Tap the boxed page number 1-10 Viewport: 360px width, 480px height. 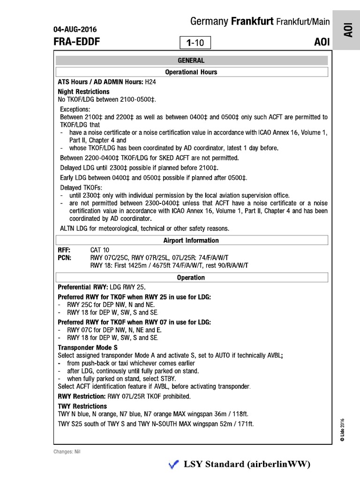click(195, 43)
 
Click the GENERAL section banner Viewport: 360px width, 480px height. click(191, 60)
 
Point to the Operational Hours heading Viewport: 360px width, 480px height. click(191, 72)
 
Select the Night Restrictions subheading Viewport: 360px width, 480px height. click(83, 91)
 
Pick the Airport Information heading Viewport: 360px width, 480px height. click(191, 240)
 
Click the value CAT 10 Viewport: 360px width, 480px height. click(99, 250)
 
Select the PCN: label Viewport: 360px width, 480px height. click(64, 257)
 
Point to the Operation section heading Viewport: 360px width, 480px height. click(191, 277)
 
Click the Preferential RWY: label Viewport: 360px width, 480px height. click(83, 286)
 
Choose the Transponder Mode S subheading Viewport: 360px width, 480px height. click(88, 347)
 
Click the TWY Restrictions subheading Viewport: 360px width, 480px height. click(82, 406)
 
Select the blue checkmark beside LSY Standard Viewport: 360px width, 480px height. click(173, 465)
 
